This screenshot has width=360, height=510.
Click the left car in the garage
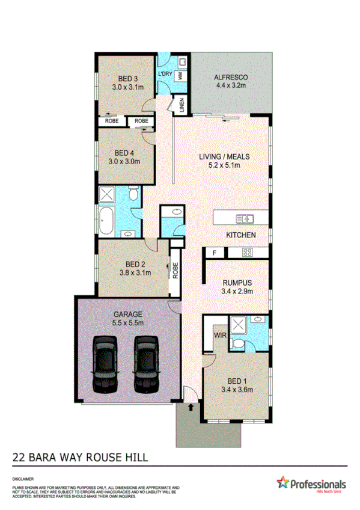click(105, 364)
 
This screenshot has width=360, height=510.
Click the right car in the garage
click(146, 364)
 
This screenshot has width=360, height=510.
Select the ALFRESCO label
click(231, 78)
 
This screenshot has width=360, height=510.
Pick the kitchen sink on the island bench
click(246, 218)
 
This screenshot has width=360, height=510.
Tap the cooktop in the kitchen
click(247, 253)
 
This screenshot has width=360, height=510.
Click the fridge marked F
click(214, 253)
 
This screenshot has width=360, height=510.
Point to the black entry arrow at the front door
click(192, 408)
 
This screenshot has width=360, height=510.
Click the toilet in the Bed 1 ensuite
click(239, 343)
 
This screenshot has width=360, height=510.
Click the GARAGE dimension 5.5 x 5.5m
click(127, 323)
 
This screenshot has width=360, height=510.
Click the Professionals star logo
click(282, 482)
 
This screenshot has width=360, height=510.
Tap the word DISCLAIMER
click(22, 479)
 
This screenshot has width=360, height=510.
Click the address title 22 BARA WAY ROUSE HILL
click(80, 458)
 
